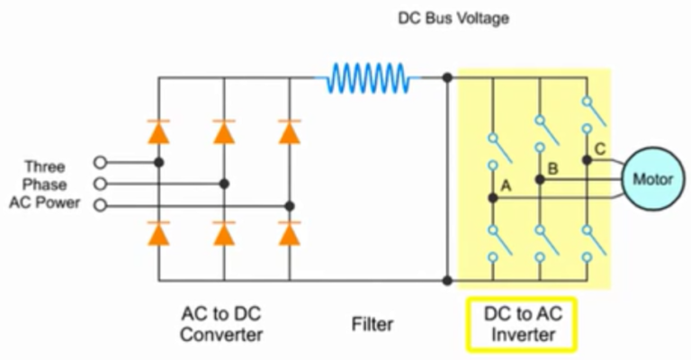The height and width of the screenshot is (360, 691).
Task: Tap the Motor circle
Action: [x=653, y=178]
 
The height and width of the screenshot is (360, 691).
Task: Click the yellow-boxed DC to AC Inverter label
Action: [x=520, y=326]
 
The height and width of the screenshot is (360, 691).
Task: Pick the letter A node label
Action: [x=506, y=186]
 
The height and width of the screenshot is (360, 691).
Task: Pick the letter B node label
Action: [x=552, y=167]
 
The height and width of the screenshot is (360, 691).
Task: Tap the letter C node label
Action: [x=600, y=148]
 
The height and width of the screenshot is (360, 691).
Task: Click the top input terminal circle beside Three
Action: [x=100, y=162]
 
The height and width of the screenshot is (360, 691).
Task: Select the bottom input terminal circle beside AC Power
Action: [x=100, y=205]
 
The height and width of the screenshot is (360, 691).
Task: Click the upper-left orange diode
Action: [x=159, y=132]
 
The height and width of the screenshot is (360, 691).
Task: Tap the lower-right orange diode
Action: [x=289, y=234]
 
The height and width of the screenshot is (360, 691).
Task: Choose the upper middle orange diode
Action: [x=224, y=132]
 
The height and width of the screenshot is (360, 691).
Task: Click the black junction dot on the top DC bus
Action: [x=447, y=78]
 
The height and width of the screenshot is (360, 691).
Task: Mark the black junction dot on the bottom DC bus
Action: [x=447, y=281]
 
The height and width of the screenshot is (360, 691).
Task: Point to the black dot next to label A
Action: [x=492, y=198]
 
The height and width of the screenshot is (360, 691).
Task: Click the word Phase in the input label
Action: [x=45, y=184]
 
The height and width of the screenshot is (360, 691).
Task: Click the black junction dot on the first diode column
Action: [x=159, y=162]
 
